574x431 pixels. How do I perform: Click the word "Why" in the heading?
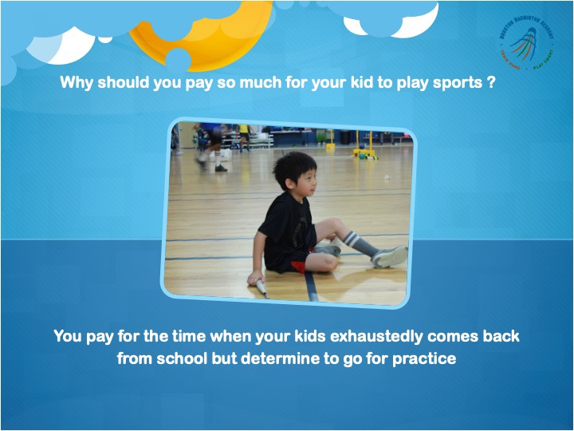click(77, 82)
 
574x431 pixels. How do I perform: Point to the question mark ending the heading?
click(489, 82)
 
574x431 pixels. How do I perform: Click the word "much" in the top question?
click(259, 82)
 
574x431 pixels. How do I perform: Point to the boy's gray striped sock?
click(358, 243)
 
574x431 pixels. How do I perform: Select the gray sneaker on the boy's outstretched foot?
click(389, 256)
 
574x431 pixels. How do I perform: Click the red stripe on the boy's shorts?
click(298, 267)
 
